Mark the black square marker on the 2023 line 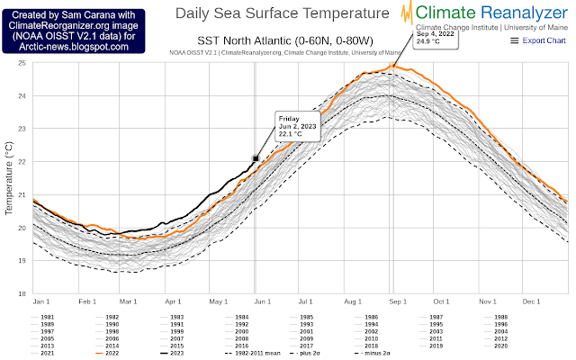click(x=256, y=158)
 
